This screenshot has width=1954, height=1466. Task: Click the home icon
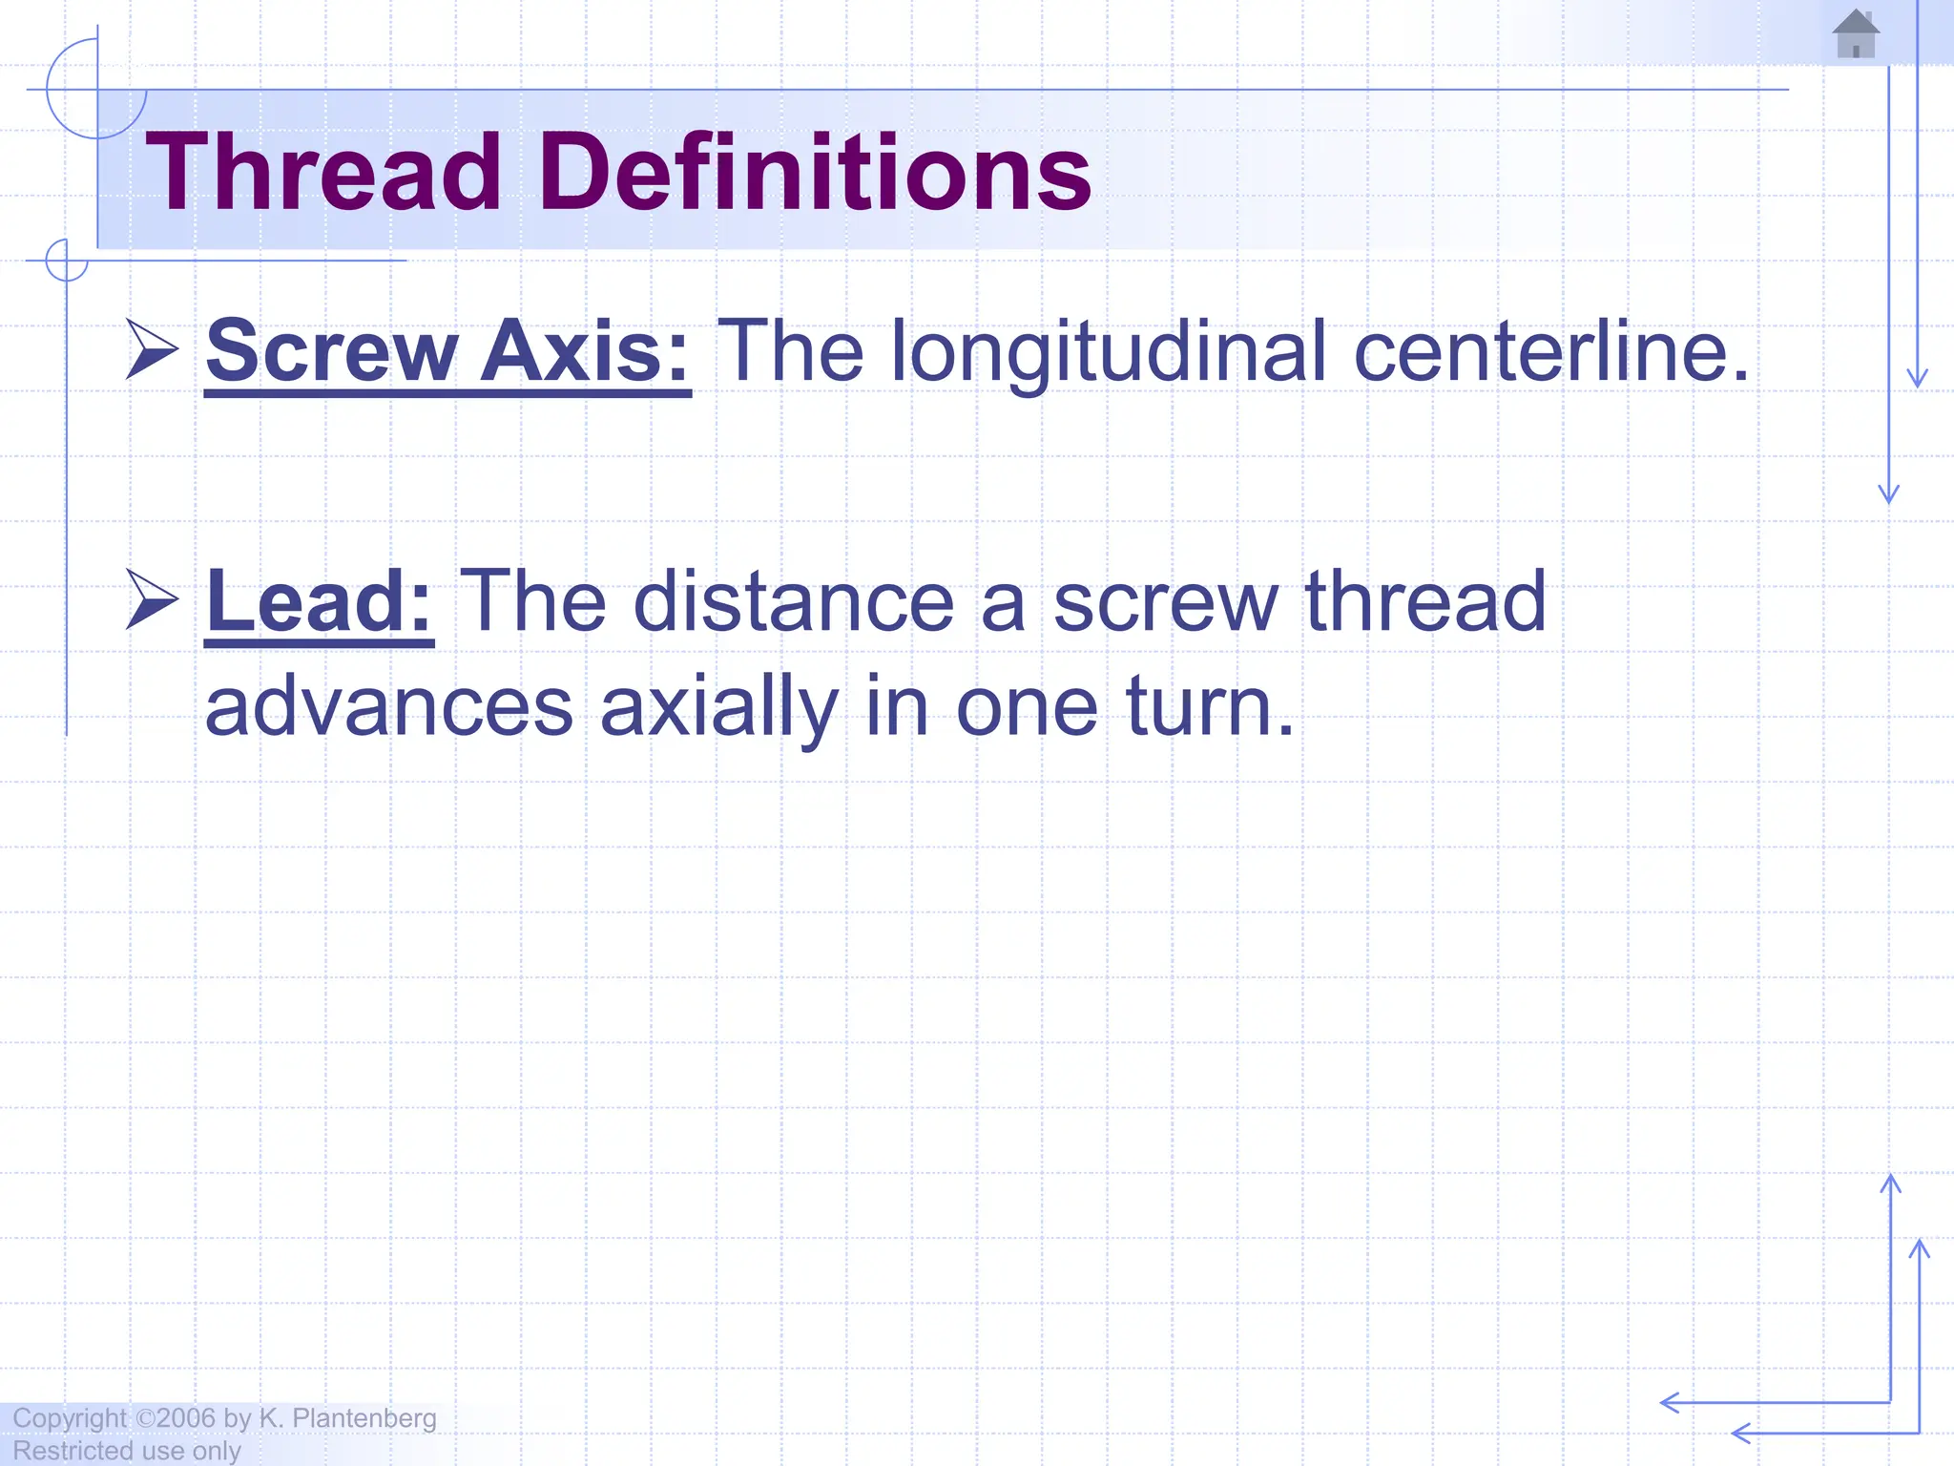(x=1856, y=34)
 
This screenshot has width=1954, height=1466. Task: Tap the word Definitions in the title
(x=815, y=173)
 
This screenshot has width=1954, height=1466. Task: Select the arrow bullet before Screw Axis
(x=152, y=350)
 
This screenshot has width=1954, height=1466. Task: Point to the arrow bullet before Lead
(x=152, y=600)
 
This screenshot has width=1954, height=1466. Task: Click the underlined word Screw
(x=332, y=352)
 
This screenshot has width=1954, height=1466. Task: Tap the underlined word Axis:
(x=584, y=350)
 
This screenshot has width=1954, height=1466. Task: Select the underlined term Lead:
(x=319, y=601)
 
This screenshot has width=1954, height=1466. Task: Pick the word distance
(x=793, y=601)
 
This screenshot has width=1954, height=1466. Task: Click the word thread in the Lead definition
(x=1424, y=601)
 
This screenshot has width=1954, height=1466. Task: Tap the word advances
(x=389, y=707)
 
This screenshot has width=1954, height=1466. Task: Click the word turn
(x=1210, y=707)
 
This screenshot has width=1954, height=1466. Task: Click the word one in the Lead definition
(x=1027, y=709)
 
